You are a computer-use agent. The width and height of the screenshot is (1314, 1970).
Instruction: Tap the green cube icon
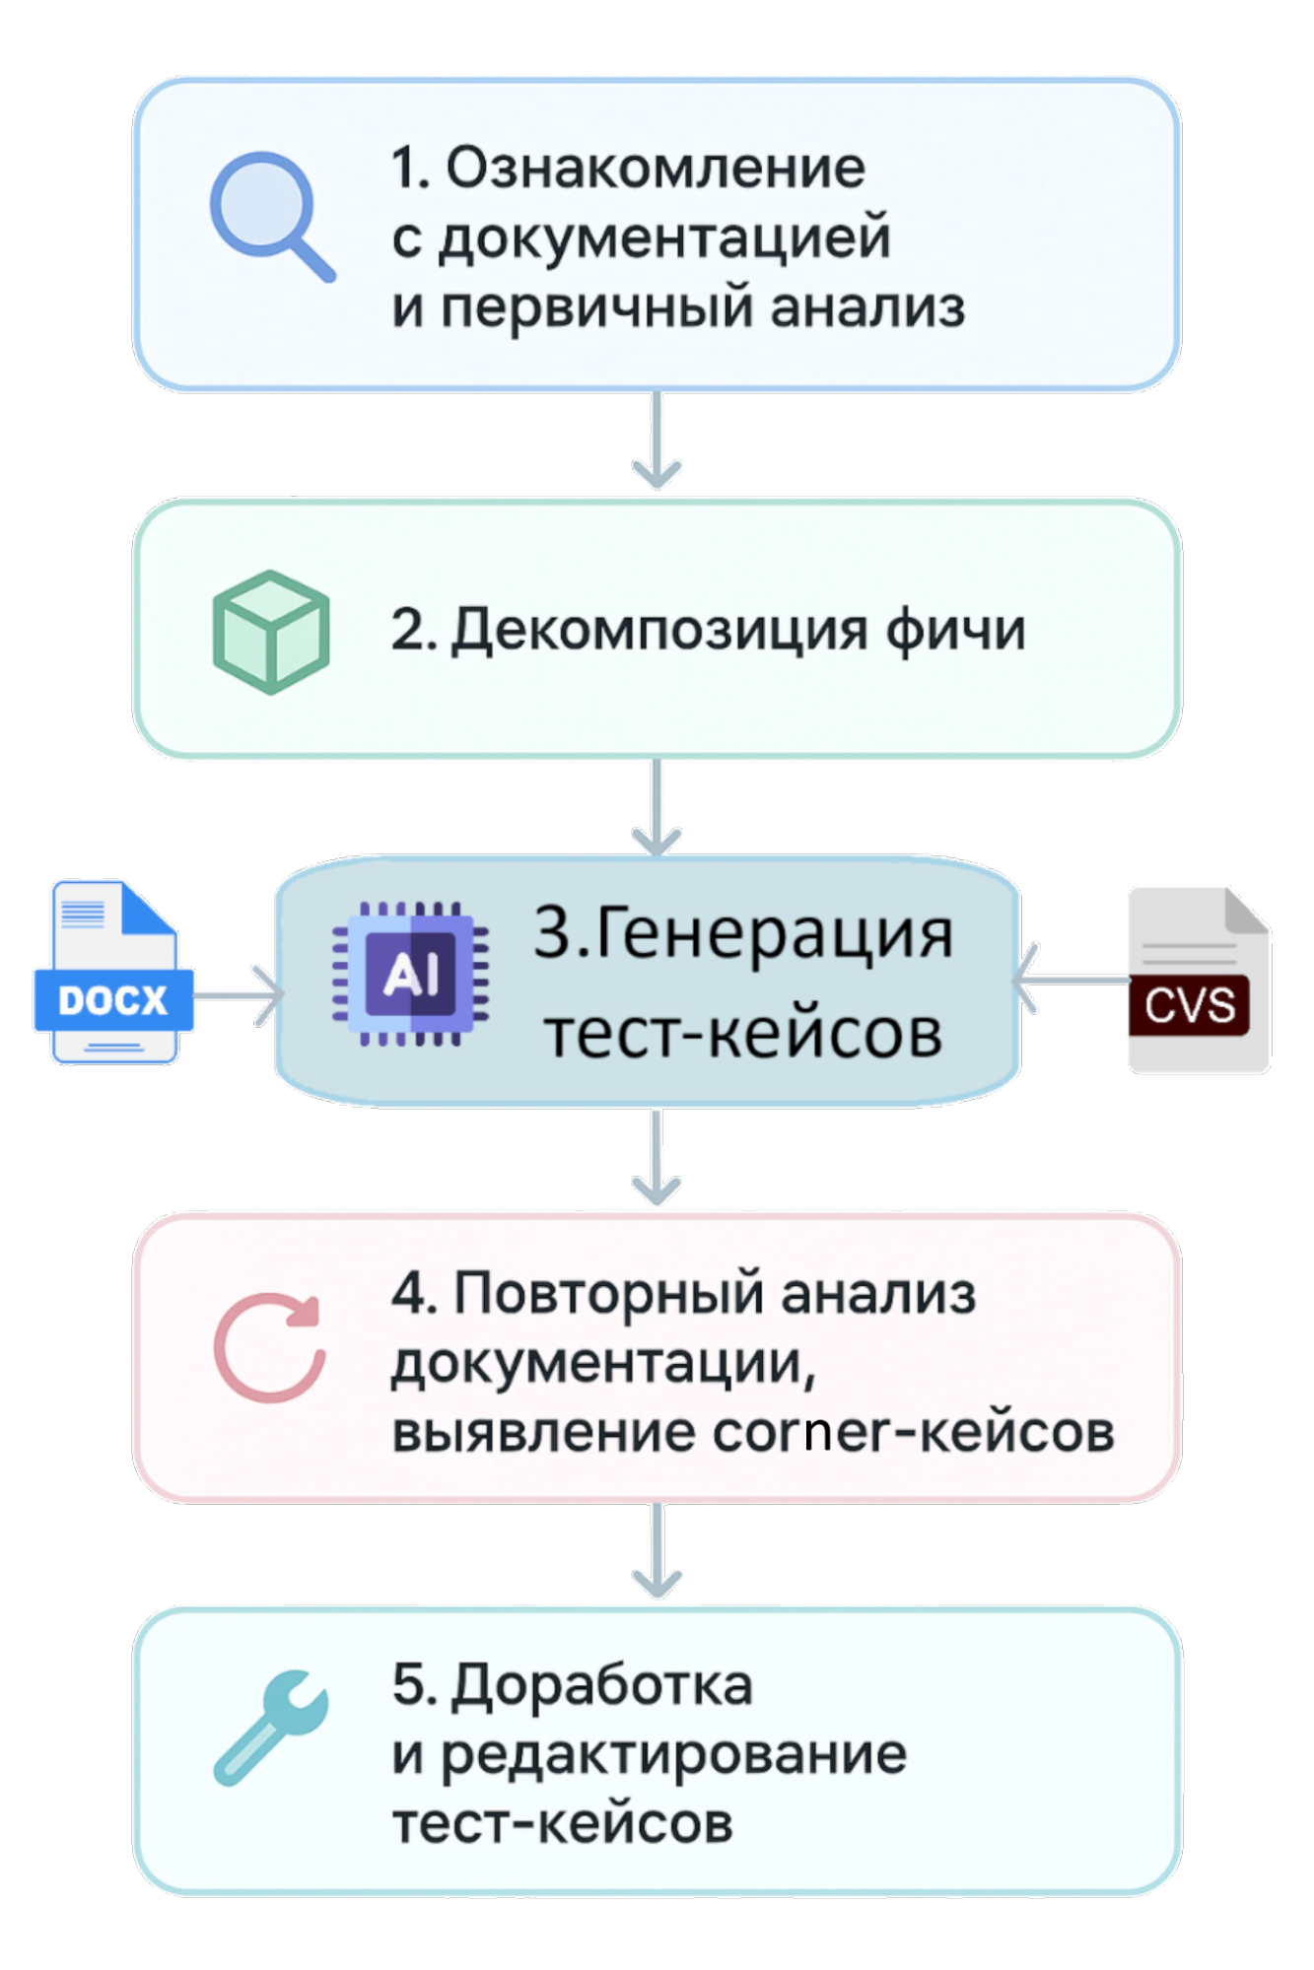click(x=271, y=632)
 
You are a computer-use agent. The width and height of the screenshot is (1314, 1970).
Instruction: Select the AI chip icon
click(x=411, y=974)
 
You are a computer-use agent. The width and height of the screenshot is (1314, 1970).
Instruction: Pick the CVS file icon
click(x=1198, y=980)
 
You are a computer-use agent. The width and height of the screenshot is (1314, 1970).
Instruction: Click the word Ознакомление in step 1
click(x=656, y=168)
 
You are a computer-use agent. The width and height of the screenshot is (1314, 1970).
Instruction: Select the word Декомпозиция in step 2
click(x=659, y=631)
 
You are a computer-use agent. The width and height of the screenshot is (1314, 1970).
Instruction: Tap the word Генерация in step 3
click(x=773, y=933)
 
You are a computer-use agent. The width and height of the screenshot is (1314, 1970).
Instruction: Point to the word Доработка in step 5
click(x=601, y=1685)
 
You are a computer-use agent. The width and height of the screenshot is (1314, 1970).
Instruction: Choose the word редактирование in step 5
click(x=673, y=1755)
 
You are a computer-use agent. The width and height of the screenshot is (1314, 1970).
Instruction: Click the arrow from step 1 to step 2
click(x=657, y=442)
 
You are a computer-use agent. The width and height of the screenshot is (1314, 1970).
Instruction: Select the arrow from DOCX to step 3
click(x=237, y=995)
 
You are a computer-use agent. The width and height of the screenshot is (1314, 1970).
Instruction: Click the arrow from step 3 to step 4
click(x=657, y=1157)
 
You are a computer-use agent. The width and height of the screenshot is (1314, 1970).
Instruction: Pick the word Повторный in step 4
click(x=607, y=1294)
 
